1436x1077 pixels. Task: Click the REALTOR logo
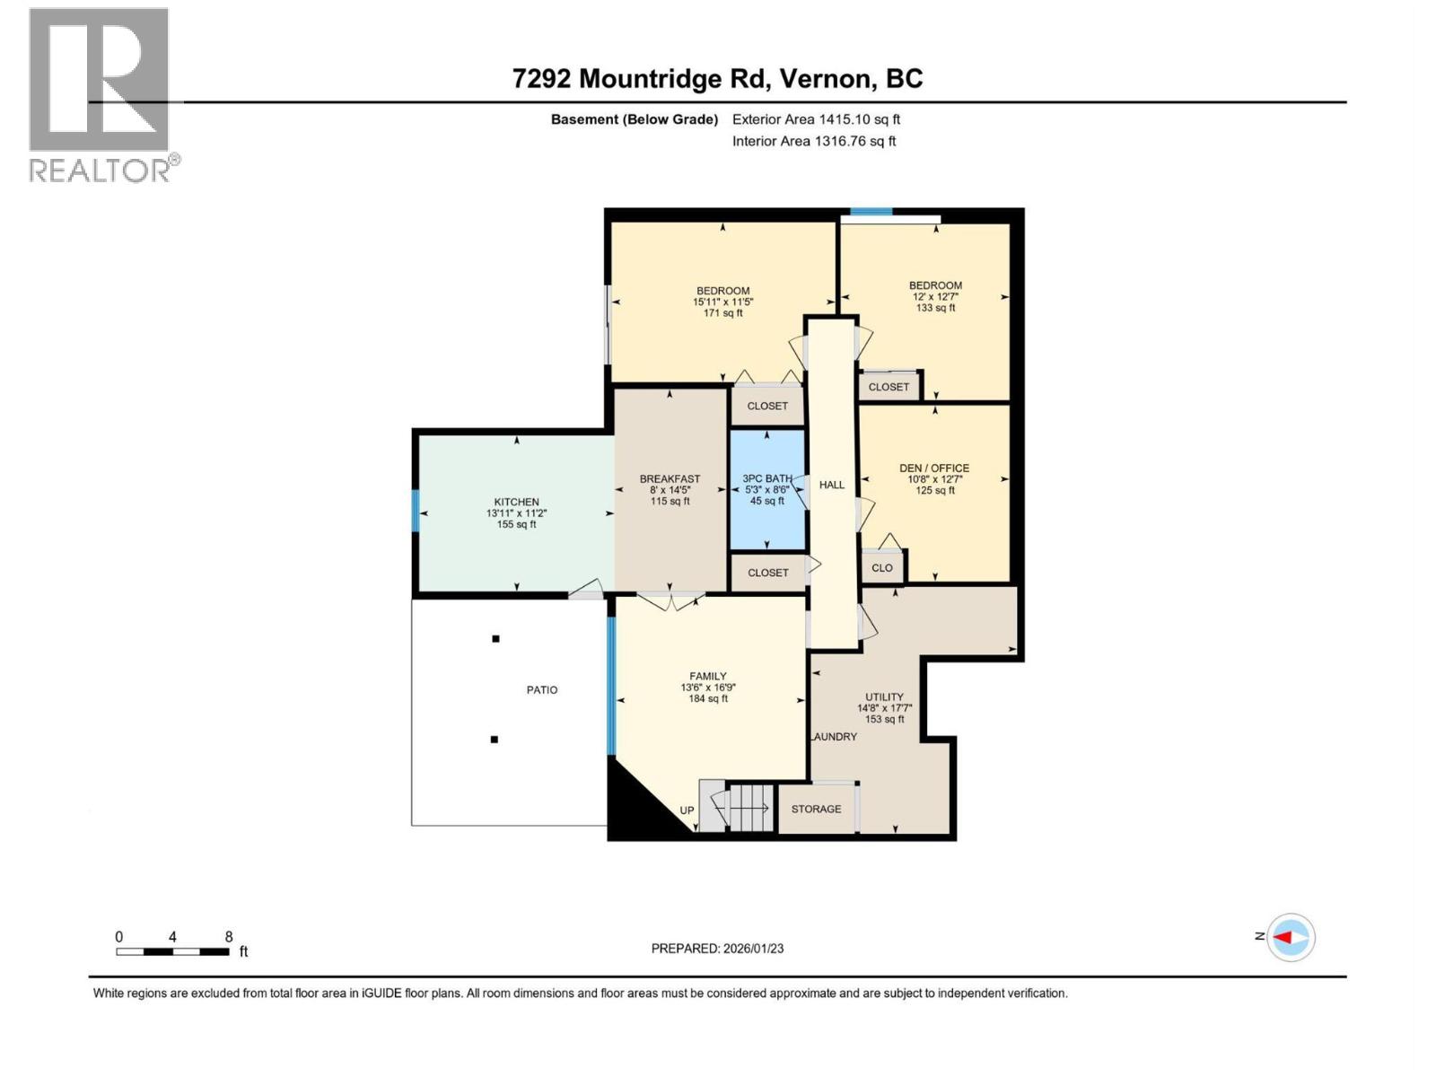pyautogui.click(x=103, y=95)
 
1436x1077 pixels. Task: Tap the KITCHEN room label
pyautogui.click(x=516, y=502)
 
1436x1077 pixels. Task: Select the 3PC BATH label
pyautogui.click(x=767, y=478)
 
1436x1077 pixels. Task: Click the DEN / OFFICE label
pyautogui.click(x=934, y=468)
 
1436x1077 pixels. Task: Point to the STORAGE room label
pyautogui.click(x=816, y=809)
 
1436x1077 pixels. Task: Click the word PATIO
pyautogui.click(x=542, y=690)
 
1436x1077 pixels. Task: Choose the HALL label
pyautogui.click(x=831, y=485)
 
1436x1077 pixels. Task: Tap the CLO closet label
pyautogui.click(x=882, y=567)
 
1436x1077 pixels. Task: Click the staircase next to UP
pyautogui.click(x=739, y=807)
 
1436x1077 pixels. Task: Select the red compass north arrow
pyautogui.click(x=1283, y=938)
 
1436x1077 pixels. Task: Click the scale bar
pyautogui.click(x=172, y=951)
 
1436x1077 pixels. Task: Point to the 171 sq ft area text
pyautogui.click(x=722, y=313)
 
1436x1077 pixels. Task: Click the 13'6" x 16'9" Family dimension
pyautogui.click(x=708, y=687)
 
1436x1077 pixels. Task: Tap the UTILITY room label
pyautogui.click(x=885, y=697)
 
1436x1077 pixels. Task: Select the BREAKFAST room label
pyautogui.click(x=670, y=479)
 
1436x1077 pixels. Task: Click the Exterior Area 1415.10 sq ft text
pyautogui.click(x=816, y=119)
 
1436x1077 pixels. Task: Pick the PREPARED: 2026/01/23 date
pyautogui.click(x=717, y=948)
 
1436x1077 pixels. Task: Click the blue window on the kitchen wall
pyautogui.click(x=415, y=511)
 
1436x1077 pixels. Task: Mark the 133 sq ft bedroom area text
pyautogui.click(x=935, y=308)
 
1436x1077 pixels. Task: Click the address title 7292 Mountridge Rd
pyautogui.click(x=639, y=78)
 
